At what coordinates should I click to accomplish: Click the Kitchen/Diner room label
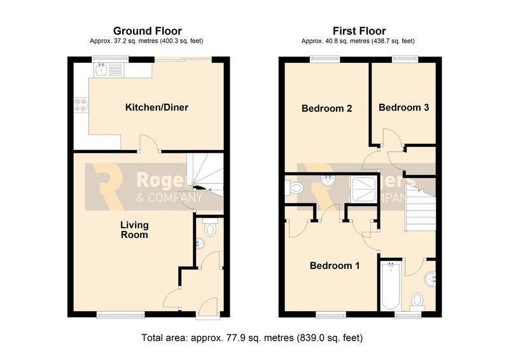tap(157, 107)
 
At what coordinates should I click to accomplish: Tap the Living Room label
tap(134, 230)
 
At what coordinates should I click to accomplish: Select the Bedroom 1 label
tap(335, 265)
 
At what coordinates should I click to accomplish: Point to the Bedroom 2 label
tap(326, 108)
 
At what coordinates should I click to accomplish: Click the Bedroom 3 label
tap(403, 107)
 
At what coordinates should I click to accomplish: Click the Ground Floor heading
tap(148, 31)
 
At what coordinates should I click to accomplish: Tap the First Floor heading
tap(359, 31)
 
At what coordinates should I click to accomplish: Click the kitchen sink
tap(109, 69)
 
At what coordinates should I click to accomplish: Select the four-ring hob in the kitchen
tap(81, 105)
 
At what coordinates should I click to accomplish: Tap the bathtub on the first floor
tap(391, 286)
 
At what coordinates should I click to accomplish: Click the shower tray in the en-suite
tap(364, 190)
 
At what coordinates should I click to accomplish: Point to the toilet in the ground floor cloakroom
tap(210, 228)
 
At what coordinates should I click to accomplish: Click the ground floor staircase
tap(205, 175)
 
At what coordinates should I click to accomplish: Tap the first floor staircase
tap(421, 207)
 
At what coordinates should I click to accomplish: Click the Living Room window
tap(120, 314)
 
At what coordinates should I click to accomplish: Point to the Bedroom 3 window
tap(405, 59)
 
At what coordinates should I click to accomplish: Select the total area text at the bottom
tap(252, 338)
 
